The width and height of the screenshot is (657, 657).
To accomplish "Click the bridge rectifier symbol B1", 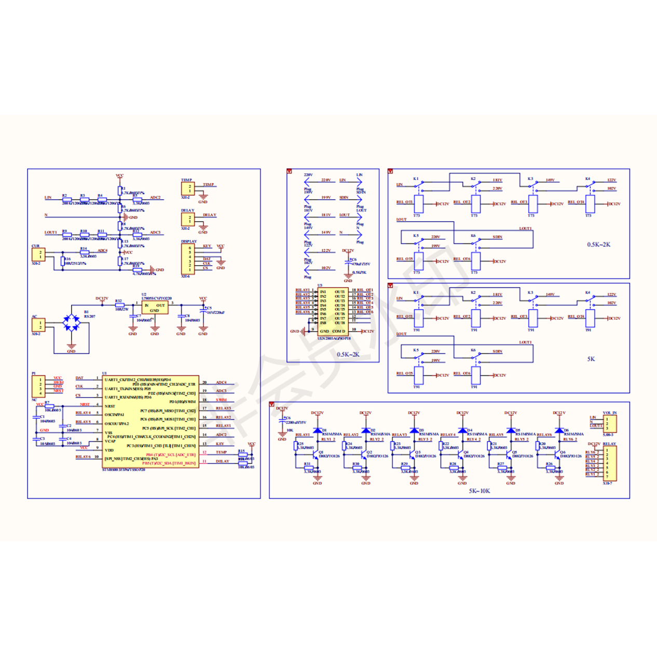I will click(x=71, y=323).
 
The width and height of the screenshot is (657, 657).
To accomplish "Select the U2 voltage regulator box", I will click(x=154, y=308).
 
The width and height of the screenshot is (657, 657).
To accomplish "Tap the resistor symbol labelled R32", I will click(x=119, y=305).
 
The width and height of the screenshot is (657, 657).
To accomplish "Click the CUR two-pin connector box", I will click(x=38, y=254).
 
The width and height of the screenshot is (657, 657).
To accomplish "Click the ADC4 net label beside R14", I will click(x=102, y=251).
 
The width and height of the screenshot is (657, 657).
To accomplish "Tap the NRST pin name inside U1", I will click(x=110, y=406).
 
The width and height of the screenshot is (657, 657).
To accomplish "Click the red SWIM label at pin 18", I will click(x=222, y=400).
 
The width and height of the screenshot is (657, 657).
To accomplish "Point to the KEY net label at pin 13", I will click(x=220, y=444).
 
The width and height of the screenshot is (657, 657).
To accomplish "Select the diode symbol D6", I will click(x=559, y=431).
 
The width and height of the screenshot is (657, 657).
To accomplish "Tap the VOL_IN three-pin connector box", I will click(x=609, y=423).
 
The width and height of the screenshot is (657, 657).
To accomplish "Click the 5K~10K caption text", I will click(x=479, y=491).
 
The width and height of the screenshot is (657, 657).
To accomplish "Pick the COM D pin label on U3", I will click(x=339, y=331).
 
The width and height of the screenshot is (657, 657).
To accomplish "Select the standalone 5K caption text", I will click(x=591, y=359).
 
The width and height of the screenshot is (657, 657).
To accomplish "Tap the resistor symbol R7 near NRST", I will click(x=49, y=406).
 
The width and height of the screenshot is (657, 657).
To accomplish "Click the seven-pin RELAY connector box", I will click(x=609, y=463).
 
